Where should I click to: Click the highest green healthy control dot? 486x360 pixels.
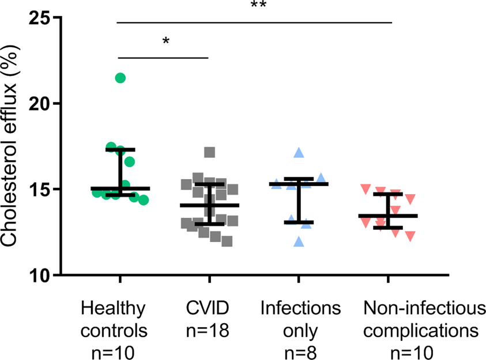pos(120,78)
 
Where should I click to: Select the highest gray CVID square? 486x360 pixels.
pos(210,152)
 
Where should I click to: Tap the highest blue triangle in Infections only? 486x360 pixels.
pos(299,153)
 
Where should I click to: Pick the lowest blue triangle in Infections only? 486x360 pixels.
pos(299,242)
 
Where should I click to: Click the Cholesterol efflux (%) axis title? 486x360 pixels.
pos(13,146)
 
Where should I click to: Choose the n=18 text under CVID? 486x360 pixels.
pos(209,331)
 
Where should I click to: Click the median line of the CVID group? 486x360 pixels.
pos(209,205)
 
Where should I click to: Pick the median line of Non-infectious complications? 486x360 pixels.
pos(387,216)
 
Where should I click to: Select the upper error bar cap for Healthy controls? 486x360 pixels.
pos(120,149)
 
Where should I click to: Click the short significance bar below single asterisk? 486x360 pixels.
pos(163,58)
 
